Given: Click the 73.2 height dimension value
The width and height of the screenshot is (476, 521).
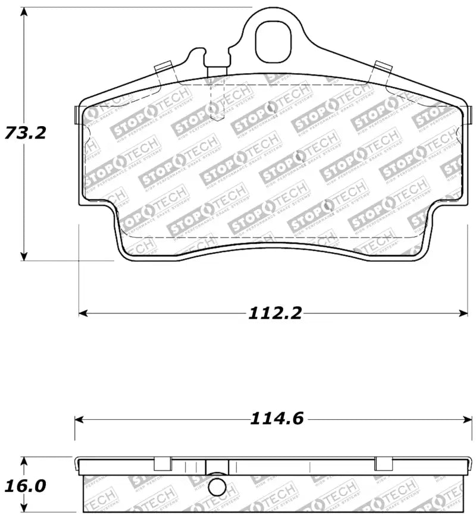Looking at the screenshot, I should [25, 132].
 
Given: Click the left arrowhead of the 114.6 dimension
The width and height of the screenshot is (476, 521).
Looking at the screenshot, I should [80, 419].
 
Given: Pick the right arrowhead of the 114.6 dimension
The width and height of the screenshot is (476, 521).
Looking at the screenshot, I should [467, 419].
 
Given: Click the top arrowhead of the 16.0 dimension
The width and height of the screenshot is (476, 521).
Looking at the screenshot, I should [24, 461].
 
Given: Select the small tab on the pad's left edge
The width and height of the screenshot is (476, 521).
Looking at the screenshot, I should [75, 115].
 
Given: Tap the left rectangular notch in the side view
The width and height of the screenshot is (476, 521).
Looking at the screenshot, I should [163, 463].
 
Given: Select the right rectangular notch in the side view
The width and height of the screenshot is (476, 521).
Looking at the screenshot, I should [383, 463].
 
